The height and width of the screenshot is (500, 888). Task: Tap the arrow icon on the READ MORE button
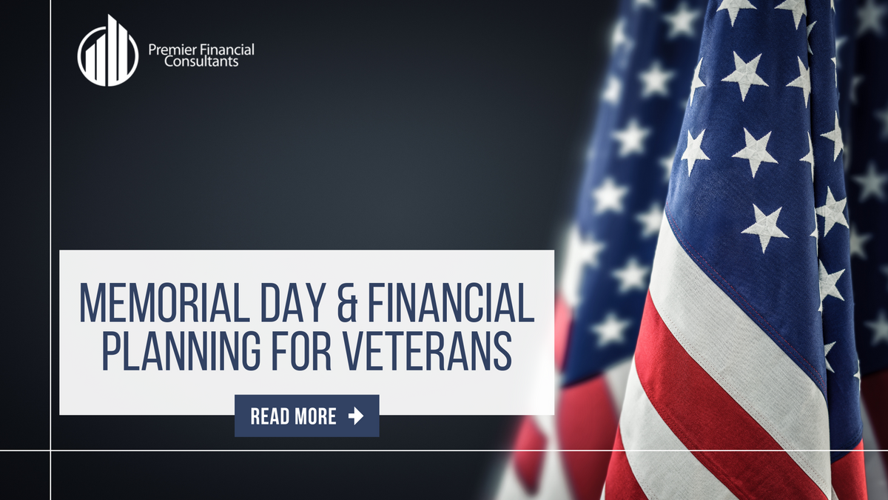(x=356, y=416)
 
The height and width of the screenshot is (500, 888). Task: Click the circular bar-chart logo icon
(x=107, y=50)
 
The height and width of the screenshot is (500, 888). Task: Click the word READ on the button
(x=269, y=416)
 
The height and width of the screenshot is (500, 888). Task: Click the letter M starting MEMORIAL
(x=92, y=303)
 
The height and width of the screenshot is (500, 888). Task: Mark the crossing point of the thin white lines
(x=50, y=450)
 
